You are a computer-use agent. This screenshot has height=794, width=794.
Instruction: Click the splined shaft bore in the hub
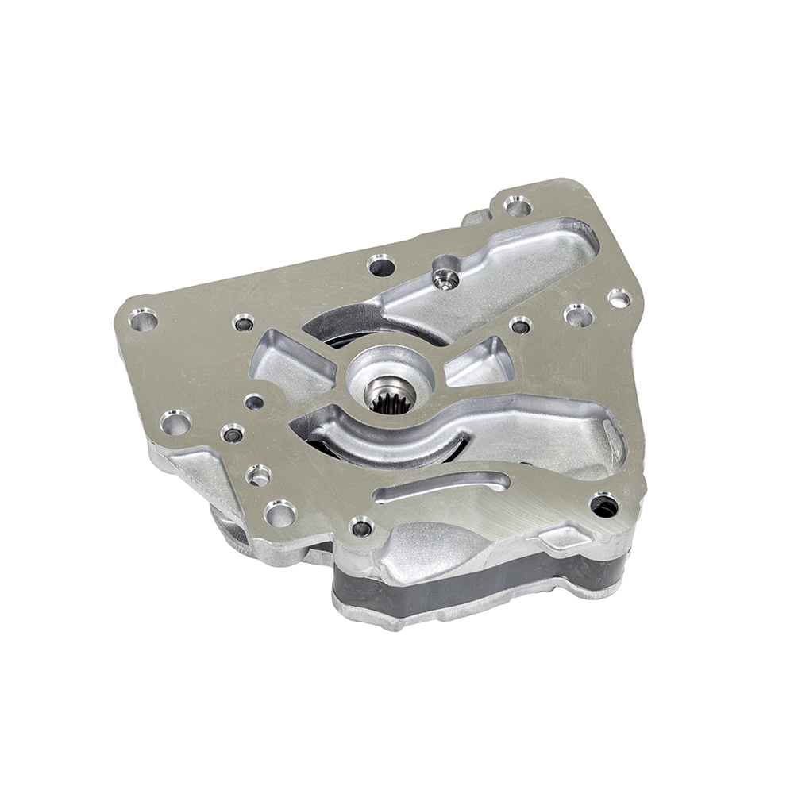point(389,395)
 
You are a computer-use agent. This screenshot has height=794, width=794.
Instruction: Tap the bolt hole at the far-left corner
point(143,321)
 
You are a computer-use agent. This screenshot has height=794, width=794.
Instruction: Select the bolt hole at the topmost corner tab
point(518,207)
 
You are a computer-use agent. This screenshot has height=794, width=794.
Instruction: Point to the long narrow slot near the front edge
point(441,486)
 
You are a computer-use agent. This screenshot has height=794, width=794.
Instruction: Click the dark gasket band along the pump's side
point(476,584)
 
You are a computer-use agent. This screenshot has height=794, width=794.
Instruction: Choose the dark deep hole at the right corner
point(603,505)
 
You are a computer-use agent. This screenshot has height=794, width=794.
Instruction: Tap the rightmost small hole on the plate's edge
point(619,298)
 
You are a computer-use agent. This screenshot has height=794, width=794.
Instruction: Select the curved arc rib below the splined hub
point(381,445)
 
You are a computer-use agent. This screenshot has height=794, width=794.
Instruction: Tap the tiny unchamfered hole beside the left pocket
point(253,403)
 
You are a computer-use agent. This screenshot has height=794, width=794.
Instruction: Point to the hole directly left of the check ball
point(381,264)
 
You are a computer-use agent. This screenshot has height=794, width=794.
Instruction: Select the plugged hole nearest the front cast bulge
point(361,526)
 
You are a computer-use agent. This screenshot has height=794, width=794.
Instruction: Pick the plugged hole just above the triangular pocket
point(520,325)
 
